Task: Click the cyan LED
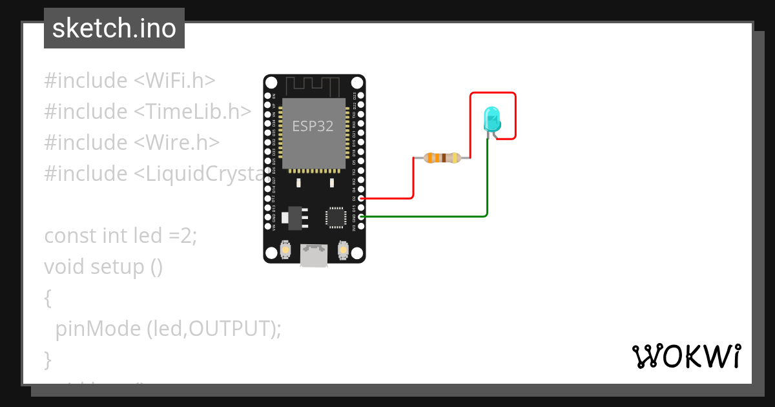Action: (x=491, y=120)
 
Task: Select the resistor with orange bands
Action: (x=442, y=158)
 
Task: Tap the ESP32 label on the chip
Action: (x=313, y=126)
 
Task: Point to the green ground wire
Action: (x=426, y=216)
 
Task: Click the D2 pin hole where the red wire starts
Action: (x=361, y=198)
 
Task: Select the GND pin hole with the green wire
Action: (x=361, y=216)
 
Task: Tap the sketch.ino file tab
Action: (x=114, y=28)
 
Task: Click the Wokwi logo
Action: (x=686, y=356)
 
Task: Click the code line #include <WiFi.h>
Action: (x=129, y=81)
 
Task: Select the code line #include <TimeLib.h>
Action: (x=147, y=112)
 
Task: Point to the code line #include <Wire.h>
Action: (x=132, y=143)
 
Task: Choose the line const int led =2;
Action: (x=120, y=236)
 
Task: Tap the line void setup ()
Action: (x=103, y=266)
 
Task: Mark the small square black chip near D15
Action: (x=336, y=217)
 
